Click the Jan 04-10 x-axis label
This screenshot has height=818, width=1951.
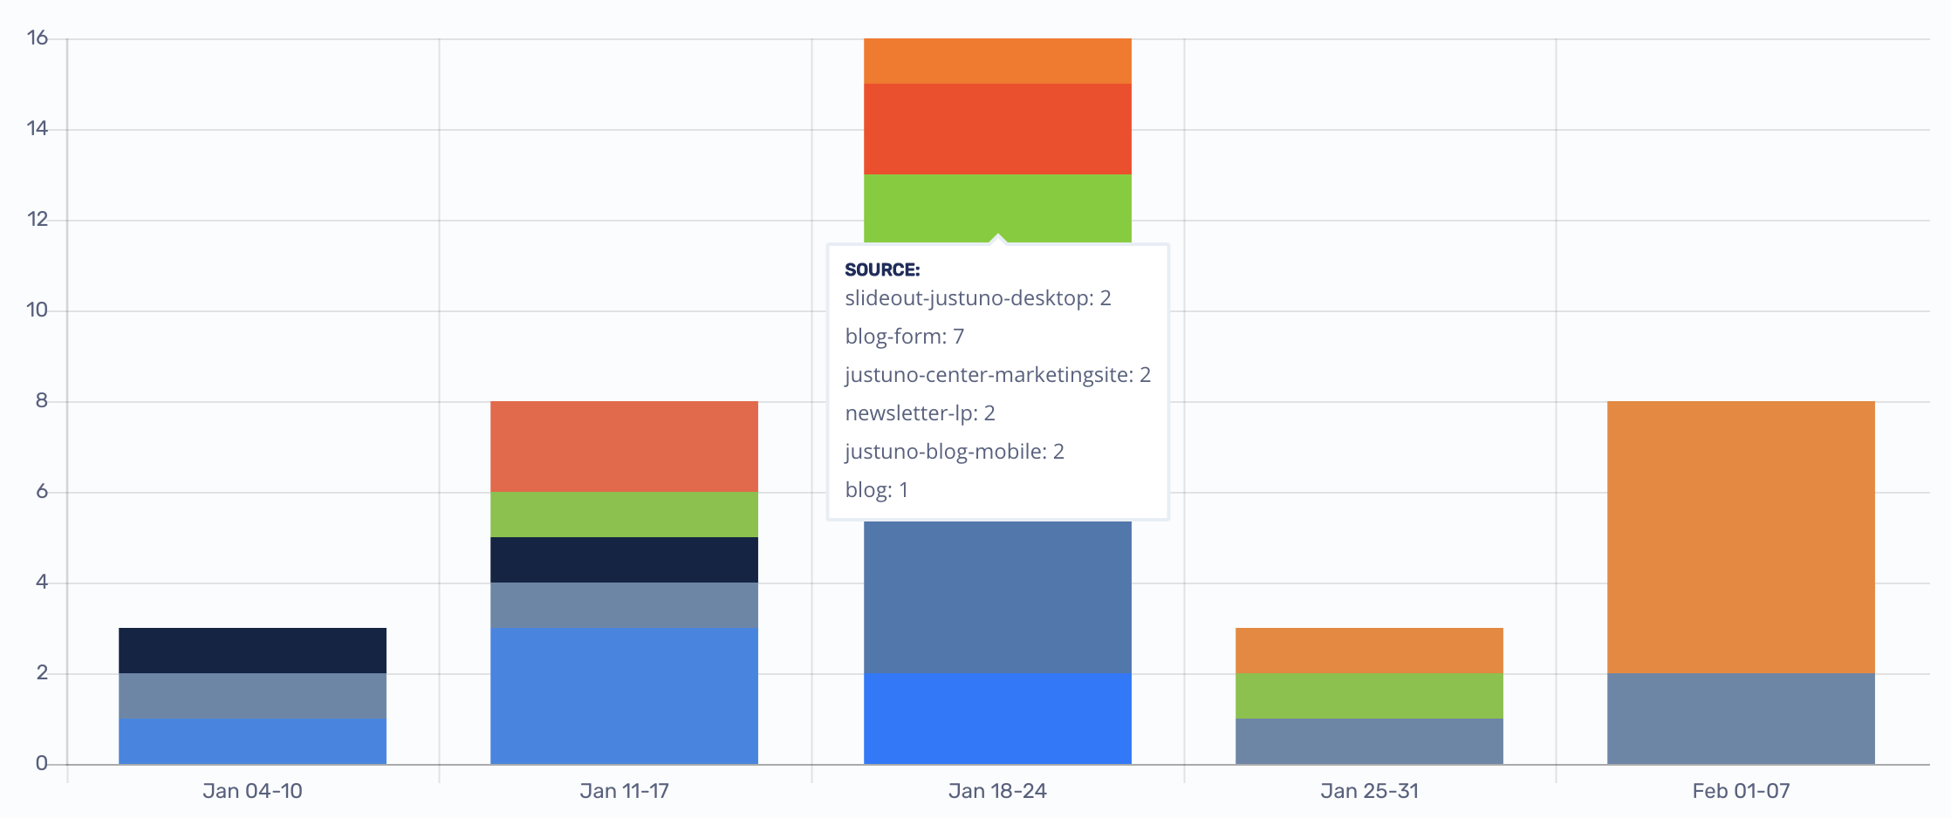pyautogui.click(x=252, y=791)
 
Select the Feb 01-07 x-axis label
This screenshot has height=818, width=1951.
pyautogui.click(x=1741, y=791)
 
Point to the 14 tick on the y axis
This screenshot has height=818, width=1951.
pyautogui.click(x=38, y=129)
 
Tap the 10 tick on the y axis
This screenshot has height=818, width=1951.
pyautogui.click(x=38, y=310)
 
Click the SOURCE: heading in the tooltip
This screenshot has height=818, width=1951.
pyautogui.click(x=882, y=270)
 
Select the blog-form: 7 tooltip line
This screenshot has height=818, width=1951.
pyautogui.click(x=904, y=337)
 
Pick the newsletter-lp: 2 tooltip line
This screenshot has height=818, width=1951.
pyautogui.click(x=920, y=413)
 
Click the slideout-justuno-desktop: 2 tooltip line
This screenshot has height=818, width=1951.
pyautogui.click(x=977, y=298)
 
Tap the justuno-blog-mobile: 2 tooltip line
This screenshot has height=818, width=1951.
pyautogui.click(x=954, y=452)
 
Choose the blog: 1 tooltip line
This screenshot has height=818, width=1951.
pyautogui.click(x=876, y=490)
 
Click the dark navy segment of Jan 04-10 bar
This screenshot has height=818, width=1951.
pyautogui.click(x=252, y=651)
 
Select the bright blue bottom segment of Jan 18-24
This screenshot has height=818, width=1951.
pyautogui.click(x=997, y=719)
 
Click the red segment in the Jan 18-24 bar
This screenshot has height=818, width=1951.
pyautogui.click(x=997, y=129)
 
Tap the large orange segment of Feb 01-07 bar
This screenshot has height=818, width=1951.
pyautogui.click(x=1741, y=537)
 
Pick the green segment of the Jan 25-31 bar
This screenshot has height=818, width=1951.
pyautogui.click(x=1369, y=696)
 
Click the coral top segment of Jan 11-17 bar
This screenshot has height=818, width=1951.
pyautogui.click(x=624, y=446)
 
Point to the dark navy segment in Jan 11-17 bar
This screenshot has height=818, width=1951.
pyautogui.click(x=624, y=560)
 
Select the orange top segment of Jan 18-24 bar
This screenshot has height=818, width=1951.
pyautogui.click(x=997, y=61)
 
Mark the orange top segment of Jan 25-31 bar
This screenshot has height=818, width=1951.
pyautogui.click(x=1369, y=651)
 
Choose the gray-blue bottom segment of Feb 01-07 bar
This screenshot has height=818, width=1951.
pyautogui.click(x=1741, y=719)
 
